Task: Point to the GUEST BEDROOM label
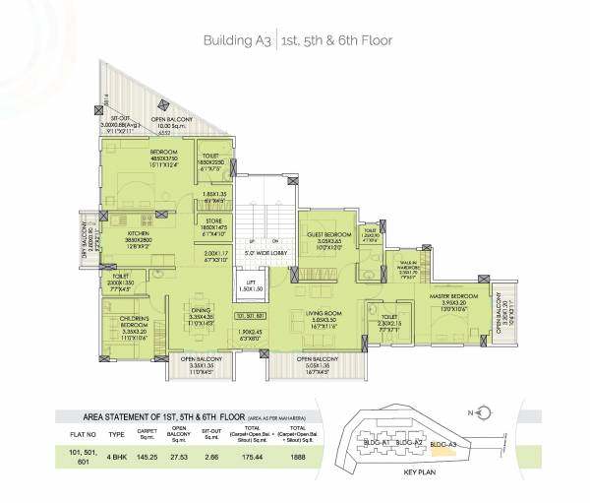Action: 324,236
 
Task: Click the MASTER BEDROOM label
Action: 452,295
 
